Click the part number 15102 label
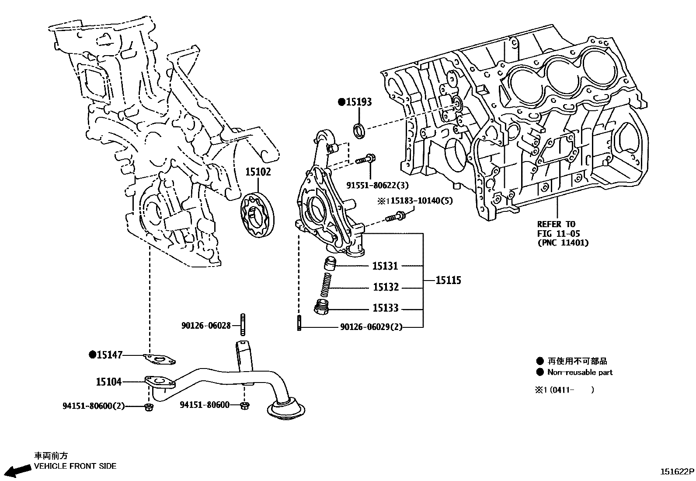click(x=258, y=172)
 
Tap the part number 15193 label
click(x=358, y=102)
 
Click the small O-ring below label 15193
click(x=360, y=130)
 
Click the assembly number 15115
click(x=448, y=280)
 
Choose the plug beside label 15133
click(x=322, y=308)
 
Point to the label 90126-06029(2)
click(x=371, y=327)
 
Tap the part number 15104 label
click(x=108, y=382)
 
